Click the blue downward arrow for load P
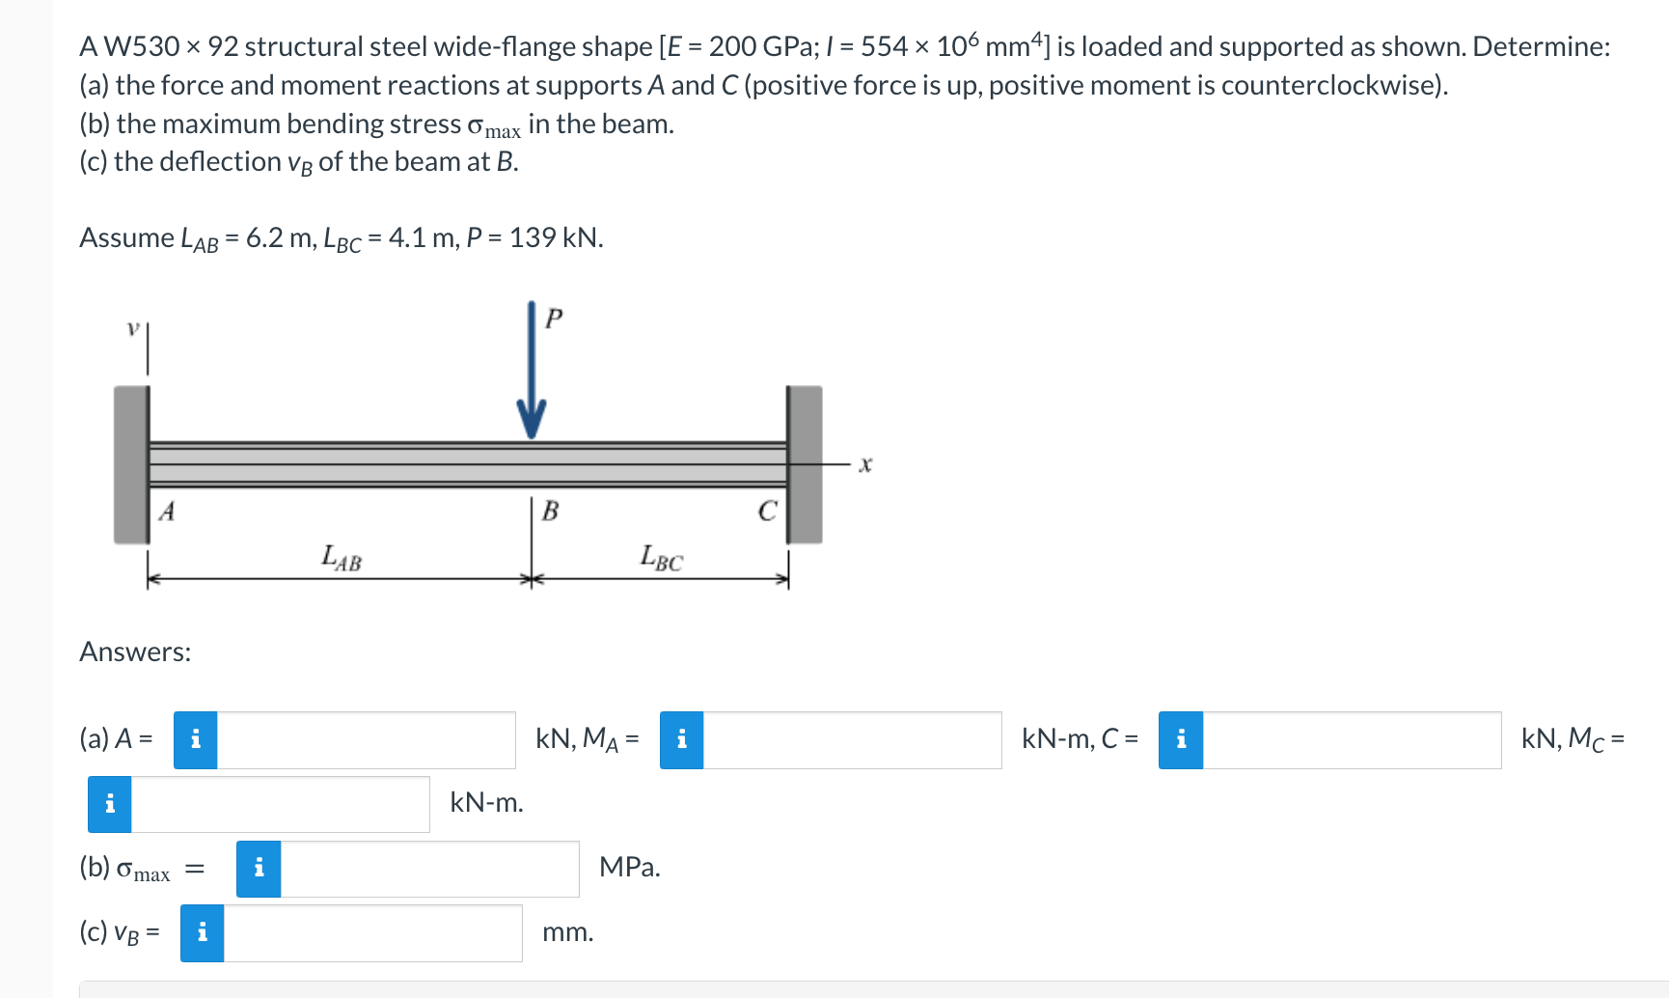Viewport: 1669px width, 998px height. tap(531, 376)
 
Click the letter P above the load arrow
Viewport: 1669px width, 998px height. tap(554, 318)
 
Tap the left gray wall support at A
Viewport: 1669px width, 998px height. tap(131, 463)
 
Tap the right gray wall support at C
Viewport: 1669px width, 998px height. tap(805, 463)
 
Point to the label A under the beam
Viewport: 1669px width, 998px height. tap(167, 511)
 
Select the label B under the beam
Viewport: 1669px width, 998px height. tap(550, 511)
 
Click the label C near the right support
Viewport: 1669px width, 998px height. tap(767, 511)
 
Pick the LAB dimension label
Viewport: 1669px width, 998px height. tap(342, 557)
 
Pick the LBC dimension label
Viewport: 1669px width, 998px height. tap(662, 557)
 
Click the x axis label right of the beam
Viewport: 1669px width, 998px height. tap(865, 464)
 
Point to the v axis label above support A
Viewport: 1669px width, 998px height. tap(133, 328)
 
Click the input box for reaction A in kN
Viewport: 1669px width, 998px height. tap(366, 740)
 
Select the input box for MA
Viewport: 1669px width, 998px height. tap(852, 740)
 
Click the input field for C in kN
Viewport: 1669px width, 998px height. tap(1351, 740)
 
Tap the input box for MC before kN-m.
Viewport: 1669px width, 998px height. tap(280, 804)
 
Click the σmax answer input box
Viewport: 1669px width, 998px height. tap(429, 869)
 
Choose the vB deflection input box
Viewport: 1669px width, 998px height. tap(372, 933)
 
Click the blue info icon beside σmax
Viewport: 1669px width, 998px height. tap(259, 869)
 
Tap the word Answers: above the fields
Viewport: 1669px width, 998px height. tap(135, 651)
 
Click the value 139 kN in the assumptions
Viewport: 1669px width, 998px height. tap(555, 237)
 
